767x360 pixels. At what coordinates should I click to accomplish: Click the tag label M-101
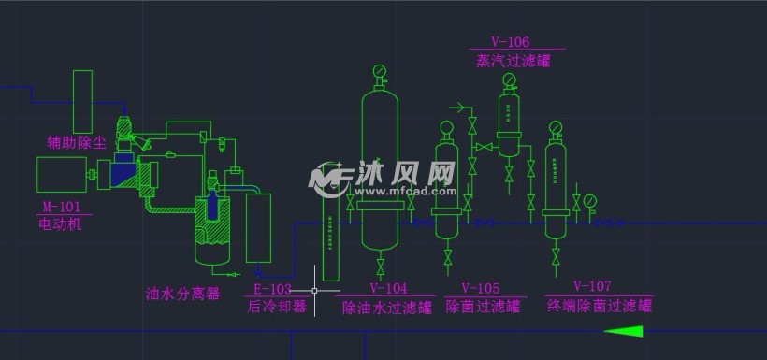[x=62, y=207]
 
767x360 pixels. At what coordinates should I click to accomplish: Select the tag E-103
[x=273, y=289]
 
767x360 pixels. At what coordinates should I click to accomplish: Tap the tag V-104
[x=388, y=289]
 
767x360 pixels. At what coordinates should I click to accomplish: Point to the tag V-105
[x=480, y=289]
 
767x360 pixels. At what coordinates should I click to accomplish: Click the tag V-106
[x=511, y=42]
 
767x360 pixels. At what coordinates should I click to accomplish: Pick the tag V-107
[x=591, y=286]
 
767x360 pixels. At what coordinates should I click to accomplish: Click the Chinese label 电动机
[x=61, y=223]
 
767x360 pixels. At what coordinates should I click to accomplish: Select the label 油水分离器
[x=183, y=294]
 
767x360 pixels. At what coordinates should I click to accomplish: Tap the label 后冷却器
[x=276, y=306]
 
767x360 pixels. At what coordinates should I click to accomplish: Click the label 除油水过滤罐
[x=387, y=306]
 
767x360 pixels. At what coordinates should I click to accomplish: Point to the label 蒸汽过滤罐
[x=513, y=61]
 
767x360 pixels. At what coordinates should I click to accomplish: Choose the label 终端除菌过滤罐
[x=600, y=304]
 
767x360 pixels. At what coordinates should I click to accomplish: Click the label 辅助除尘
[x=77, y=142]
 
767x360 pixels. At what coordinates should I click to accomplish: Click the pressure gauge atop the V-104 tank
[x=380, y=71]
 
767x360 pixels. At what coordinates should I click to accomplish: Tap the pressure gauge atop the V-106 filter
[x=509, y=79]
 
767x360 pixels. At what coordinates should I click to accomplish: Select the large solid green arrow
[x=624, y=331]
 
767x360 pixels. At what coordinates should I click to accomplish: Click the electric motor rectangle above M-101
[x=62, y=175]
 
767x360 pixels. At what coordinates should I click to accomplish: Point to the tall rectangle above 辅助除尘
[x=82, y=101]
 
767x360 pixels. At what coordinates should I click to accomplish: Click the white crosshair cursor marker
[x=314, y=290]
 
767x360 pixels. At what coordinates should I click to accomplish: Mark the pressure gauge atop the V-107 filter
[x=556, y=128]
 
